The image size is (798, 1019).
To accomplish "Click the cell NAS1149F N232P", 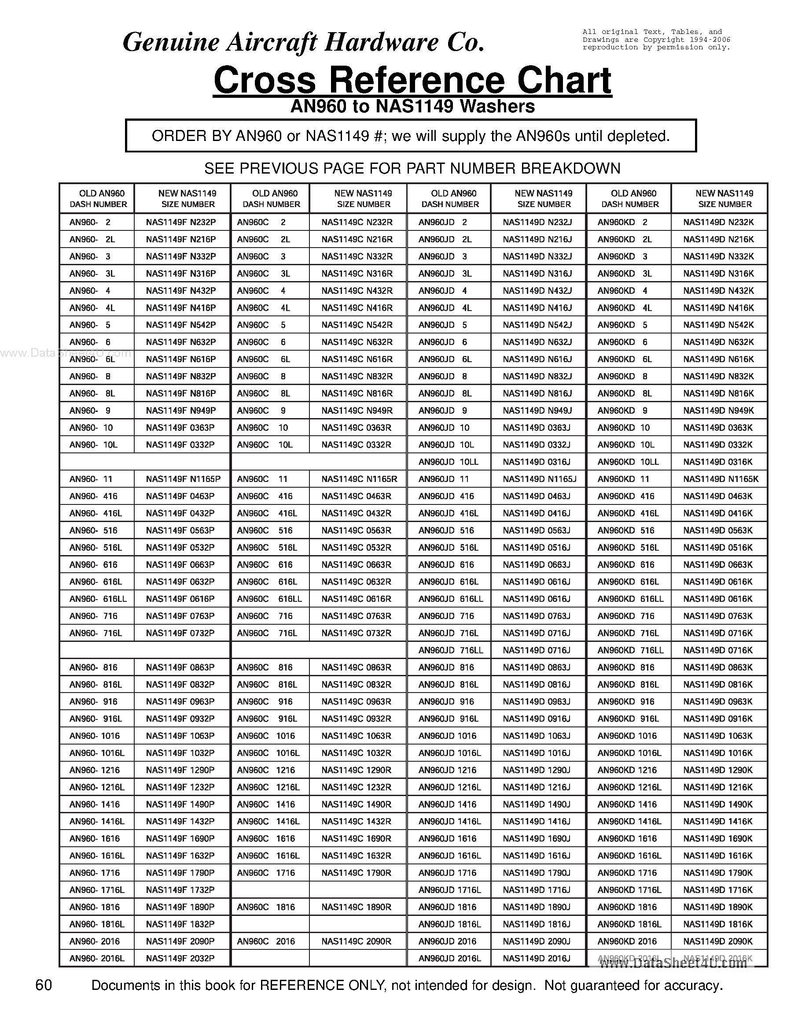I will click(x=181, y=222).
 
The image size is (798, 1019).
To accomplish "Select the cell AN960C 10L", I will click(x=265, y=445).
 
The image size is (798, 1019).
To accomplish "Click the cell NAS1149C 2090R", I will click(x=356, y=941).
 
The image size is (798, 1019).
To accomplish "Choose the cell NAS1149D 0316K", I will click(x=717, y=462).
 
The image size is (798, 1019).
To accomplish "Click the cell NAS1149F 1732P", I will click(x=180, y=890).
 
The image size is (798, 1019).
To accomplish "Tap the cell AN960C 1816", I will click(x=266, y=907).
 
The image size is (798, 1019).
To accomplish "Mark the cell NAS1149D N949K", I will click(x=718, y=411).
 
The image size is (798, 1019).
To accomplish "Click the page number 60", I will click(x=44, y=986).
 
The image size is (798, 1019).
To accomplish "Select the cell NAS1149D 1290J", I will click(x=537, y=770).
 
